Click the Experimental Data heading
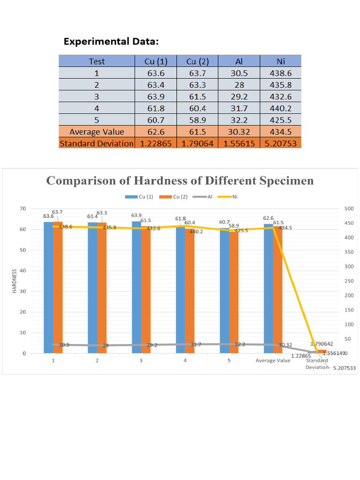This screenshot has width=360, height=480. click(111, 42)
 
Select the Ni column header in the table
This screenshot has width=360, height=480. click(280, 61)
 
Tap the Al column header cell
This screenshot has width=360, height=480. click(239, 61)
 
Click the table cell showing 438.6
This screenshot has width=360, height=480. click(280, 73)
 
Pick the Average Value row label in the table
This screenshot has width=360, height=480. click(97, 132)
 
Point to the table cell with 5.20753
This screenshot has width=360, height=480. click(280, 143)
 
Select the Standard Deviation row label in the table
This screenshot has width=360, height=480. click(97, 143)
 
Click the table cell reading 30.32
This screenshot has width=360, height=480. click(239, 132)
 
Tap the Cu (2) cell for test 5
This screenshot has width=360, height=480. click(197, 120)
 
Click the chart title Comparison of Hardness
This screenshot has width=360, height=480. click(180, 181)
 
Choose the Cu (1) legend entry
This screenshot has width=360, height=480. click(140, 197)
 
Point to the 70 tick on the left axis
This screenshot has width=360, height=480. click(22, 208)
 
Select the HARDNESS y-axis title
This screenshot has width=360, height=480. click(14, 281)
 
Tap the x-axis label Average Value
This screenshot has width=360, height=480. click(273, 360)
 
